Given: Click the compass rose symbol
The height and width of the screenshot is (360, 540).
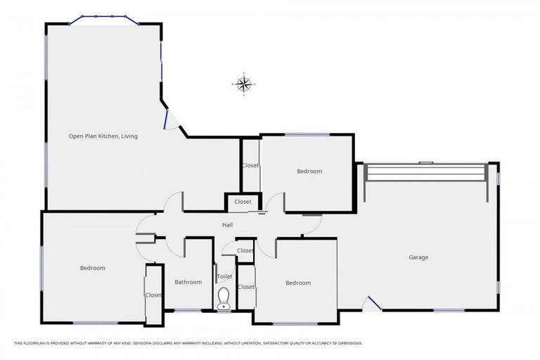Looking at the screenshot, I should [x=243, y=84].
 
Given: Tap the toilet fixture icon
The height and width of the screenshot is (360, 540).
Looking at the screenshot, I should [x=224, y=298].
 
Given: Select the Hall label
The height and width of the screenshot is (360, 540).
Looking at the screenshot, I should [x=227, y=225].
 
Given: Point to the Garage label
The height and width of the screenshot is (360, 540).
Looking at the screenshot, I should [x=418, y=257].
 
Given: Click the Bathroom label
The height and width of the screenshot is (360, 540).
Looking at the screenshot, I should [x=188, y=282].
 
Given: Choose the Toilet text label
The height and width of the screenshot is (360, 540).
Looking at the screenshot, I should [x=224, y=277].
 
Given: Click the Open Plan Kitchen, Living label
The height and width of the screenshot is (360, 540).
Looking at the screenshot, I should [x=103, y=136].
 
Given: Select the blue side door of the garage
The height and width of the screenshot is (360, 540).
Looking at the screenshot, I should [x=373, y=303].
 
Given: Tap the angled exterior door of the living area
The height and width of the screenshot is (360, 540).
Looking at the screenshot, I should [x=169, y=120].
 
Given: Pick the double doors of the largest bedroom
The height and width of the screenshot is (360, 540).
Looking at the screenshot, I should [x=144, y=233].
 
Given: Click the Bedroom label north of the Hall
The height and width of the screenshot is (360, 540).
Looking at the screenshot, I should [x=309, y=172].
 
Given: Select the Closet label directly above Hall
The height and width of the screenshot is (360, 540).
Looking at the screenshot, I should [x=243, y=202].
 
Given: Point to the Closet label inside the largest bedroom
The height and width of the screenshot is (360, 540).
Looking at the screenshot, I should [x=153, y=295].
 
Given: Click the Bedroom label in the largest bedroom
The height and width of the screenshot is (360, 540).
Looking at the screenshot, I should [x=92, y=268].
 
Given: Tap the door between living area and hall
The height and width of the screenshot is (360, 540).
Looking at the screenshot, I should [x=174, y=204].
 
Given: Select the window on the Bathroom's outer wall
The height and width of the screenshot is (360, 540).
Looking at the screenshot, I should [x=188, y=310].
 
